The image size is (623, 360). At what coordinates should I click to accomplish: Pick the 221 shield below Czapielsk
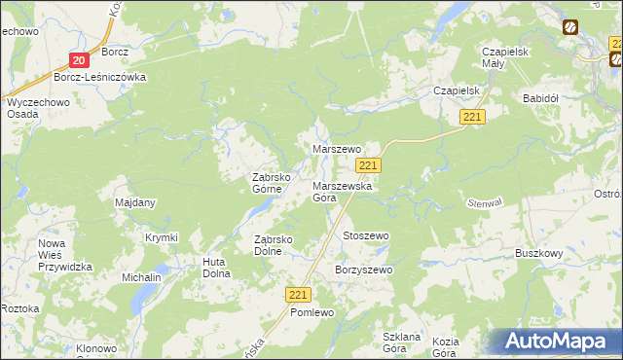tap(473, 117)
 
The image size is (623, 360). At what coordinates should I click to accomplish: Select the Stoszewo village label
tap(366, 235)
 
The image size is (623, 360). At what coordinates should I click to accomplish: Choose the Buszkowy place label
tap(540, 253)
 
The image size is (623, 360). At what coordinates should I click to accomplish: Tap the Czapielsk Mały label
tap(505, 56)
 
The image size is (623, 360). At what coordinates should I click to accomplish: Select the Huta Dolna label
tap(215, 267)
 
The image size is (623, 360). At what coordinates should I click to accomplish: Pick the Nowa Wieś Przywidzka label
tap(64, 255)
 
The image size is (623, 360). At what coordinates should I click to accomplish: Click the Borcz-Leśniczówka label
tap(99, 77)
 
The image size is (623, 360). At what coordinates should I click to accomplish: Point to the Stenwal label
tap(512, 203)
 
